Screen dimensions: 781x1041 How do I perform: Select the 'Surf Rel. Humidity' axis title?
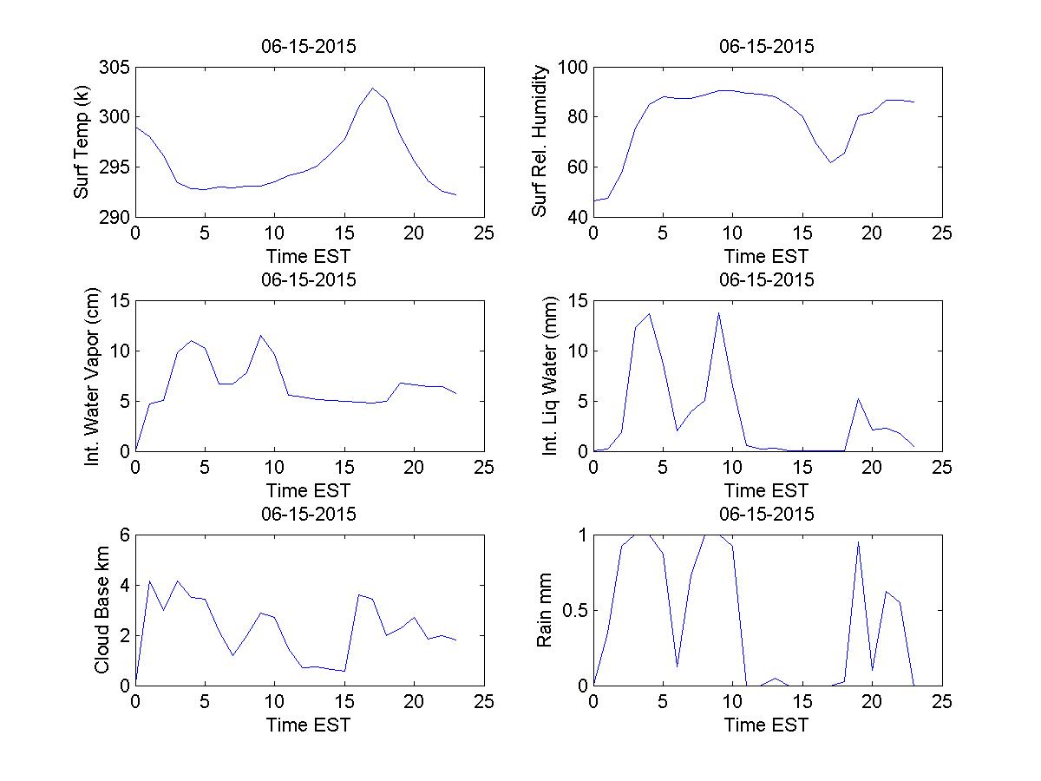(x=540, y=142)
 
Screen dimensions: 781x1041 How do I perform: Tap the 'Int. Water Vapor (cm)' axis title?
(x=92, y=376)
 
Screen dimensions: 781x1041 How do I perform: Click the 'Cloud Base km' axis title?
(x=101, y=610)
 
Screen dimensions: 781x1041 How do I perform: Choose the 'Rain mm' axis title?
(x=545, y=610)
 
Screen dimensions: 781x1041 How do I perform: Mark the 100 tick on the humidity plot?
(x=575, y=68)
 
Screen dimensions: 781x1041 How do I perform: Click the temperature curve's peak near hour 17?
(x=373, y=88)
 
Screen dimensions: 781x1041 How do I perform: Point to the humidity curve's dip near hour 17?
(x=830, y=162)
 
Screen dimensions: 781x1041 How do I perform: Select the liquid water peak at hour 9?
(x=718, y=313)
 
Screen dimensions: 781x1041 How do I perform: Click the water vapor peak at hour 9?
(x=260, y=335)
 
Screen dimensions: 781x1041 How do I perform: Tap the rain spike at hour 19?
(x=858, y=541)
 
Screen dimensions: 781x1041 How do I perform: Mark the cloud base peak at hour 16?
(x=358, y=594)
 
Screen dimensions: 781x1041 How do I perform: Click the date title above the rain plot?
(x=767, y=515)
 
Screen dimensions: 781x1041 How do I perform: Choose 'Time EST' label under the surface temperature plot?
(x=309, y=256)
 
